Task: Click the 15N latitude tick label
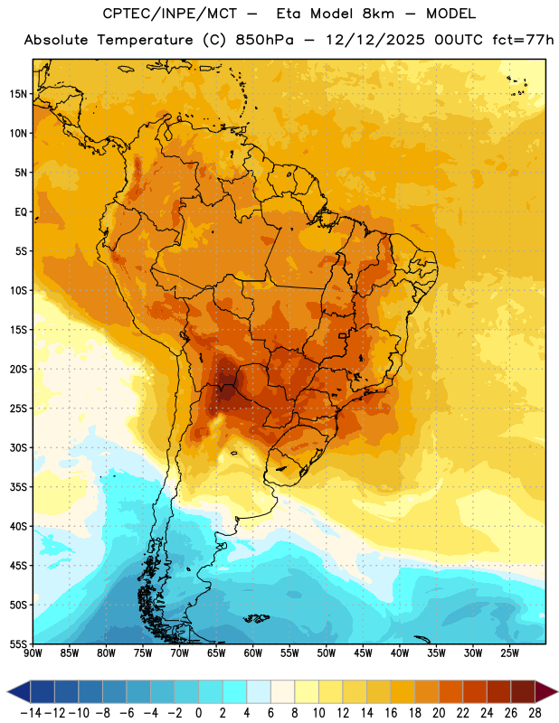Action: click(18, 94)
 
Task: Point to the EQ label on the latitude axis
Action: click(21, 212)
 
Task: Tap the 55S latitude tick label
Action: click(18, 643)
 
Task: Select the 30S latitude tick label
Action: click(18, 447)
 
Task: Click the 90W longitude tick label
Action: click(33, 653)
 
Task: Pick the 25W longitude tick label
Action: click(509, 653)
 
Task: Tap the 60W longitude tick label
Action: click(253, 653)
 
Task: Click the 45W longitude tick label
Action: click(363, 653)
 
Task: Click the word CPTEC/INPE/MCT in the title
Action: click(169, 14)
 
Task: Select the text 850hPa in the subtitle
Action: click(264, 40)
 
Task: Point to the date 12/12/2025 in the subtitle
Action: click(374, 40)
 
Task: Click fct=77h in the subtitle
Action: click(523, 40)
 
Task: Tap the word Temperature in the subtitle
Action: click(145, 40)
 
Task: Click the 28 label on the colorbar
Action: click(535, 713)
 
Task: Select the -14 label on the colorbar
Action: click(31, 713)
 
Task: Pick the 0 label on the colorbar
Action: click(199, 713)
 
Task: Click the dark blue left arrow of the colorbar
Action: click(19, 692)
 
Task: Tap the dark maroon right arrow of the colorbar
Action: click(546, 692)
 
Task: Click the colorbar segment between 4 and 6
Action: click(259, 692)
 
